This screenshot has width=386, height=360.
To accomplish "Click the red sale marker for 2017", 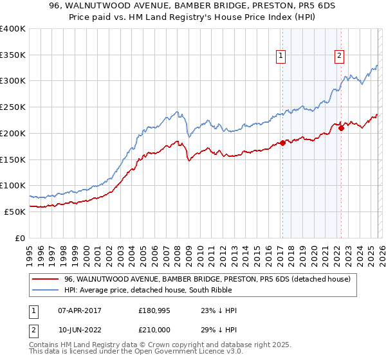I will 282,143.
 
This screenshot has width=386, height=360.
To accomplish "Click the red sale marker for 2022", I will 341,128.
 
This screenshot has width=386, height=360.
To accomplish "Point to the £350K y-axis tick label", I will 13,55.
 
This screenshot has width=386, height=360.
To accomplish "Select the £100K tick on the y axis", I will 13,186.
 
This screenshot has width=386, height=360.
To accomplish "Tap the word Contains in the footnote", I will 45,345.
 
